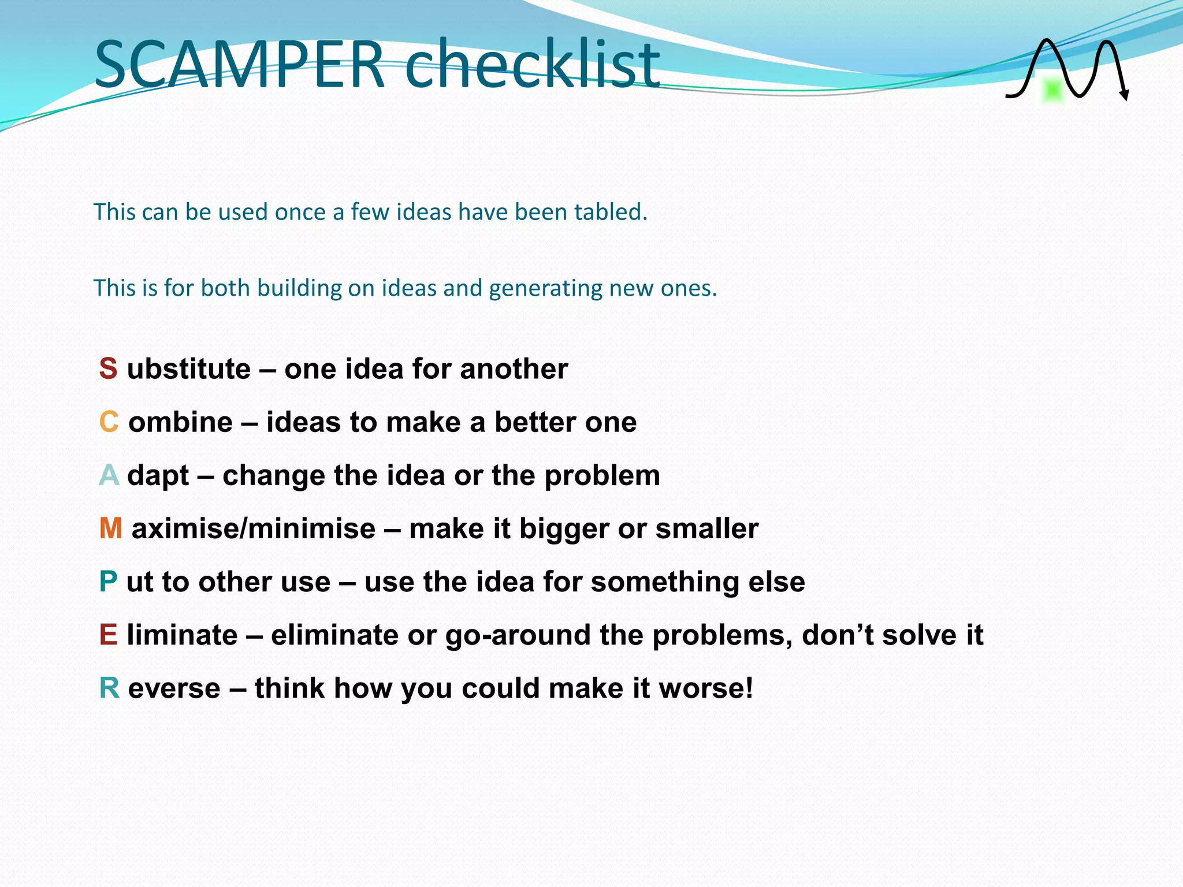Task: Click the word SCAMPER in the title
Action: pos(239,64)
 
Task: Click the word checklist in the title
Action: pos(531,64)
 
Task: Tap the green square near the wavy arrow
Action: pos(1052,91)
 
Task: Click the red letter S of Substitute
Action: pos(108,368)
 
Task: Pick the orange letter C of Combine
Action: pos(109,422)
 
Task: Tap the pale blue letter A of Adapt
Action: pos(109,475)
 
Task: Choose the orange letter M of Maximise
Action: pos(110,528)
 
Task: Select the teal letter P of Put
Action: pos(108,582)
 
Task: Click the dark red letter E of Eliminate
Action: pos(108,635)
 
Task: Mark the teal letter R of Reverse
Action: pos(109,688)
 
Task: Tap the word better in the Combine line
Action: pos(535,422)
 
